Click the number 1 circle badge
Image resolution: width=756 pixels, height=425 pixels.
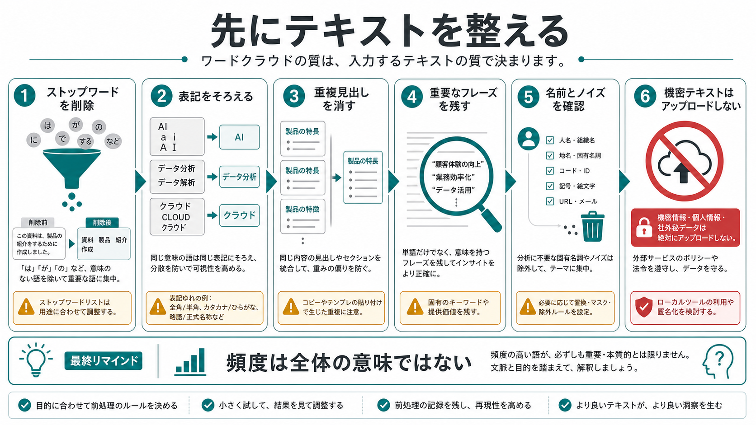[24, 96]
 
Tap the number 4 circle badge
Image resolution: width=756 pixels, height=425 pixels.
[412, 97]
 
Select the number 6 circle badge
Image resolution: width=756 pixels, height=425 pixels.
[645, 96]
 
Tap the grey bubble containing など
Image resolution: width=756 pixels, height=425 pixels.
[113, 141]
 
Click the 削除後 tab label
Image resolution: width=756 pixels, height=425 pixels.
[102, 223]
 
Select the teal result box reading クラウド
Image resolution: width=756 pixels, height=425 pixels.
[239, 215]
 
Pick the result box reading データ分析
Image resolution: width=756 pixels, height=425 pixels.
[239, 177]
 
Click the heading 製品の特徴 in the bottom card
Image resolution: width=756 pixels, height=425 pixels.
[302, 209]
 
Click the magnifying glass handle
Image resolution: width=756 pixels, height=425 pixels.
[491, 220]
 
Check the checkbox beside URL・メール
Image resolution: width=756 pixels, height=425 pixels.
[550, 201]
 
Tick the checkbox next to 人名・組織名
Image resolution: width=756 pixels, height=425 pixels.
[550, 140]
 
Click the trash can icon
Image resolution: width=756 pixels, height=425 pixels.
[593, 226]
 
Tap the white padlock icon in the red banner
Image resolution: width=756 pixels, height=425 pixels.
[644, 228]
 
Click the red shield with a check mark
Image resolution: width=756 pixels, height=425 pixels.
[643, 307]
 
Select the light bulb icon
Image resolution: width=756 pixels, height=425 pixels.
[36, 360]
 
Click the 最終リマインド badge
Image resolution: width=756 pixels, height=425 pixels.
[103, 360]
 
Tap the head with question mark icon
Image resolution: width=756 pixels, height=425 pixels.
[718, 361]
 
